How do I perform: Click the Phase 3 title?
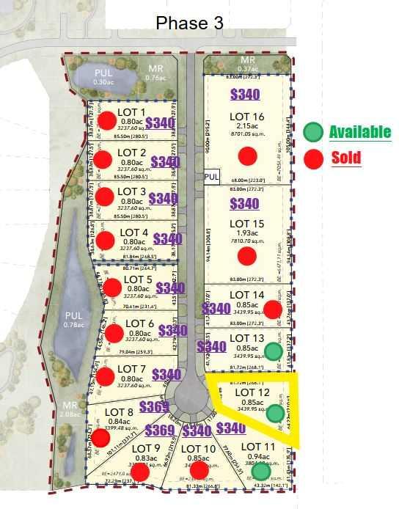pos(189,23)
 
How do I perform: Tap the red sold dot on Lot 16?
pos(248,155)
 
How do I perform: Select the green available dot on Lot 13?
pos(273,351)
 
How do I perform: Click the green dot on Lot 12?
pos(275,413)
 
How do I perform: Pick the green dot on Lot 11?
pos(261,472)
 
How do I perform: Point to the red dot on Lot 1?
pos(108,121)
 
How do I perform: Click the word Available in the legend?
pos(359,132)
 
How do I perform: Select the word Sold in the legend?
pos(346,157)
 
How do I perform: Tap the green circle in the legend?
pos(313,132)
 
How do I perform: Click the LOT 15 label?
pos(246,223)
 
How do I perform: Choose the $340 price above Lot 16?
pos(245,94)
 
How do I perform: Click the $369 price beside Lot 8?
pos(154,407)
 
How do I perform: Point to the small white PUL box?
pos(212,177)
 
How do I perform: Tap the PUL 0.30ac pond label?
pos(109,76)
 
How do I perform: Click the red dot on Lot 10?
pos(199,469)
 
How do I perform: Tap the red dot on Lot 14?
pos(272,310)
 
